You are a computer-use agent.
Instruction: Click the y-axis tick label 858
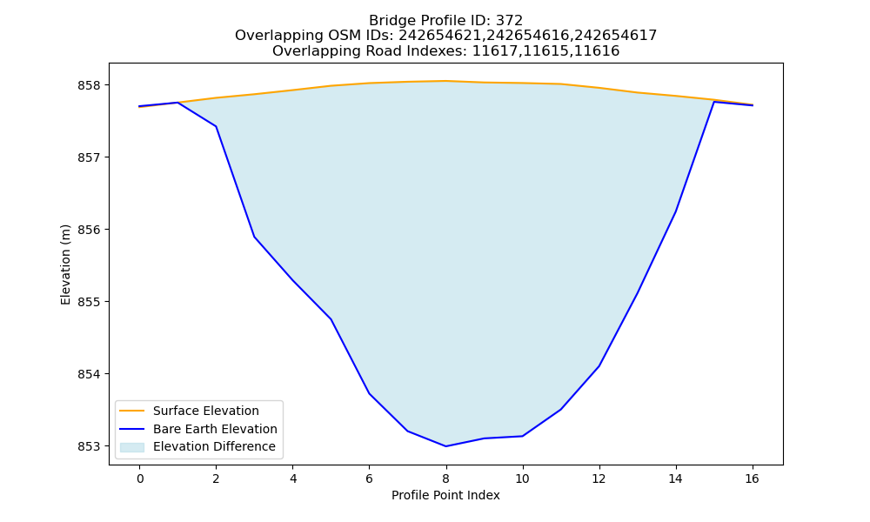[90, 85]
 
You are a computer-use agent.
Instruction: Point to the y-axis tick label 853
[90, 446]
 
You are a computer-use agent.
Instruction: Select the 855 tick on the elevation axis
[90, 303]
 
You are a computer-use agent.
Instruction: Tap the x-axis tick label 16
[752, 478]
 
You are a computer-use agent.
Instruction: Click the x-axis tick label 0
[140, 478]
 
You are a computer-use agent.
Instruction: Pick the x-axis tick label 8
[445, 478]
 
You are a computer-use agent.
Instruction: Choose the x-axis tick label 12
[599, 478]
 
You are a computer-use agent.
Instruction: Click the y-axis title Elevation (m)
[65, 264]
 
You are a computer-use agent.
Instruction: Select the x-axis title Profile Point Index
[445, 495]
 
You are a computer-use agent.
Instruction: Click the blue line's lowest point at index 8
[445, 446]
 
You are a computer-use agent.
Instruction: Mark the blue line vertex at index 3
[254, 237]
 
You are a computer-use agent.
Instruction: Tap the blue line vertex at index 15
[713, 102]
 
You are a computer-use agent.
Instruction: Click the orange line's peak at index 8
[445, 81]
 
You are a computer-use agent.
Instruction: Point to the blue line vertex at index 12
[599, 366]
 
